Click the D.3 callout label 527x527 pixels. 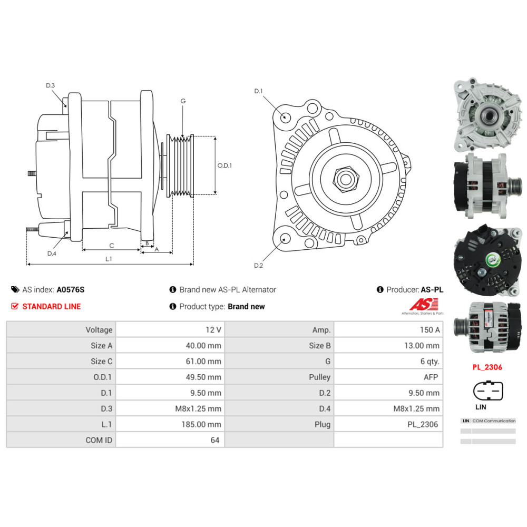(50, 85)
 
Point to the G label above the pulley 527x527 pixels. (183, 101)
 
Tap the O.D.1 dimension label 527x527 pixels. (225, 165)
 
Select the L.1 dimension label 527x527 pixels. (109, 259)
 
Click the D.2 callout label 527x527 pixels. (258, 265)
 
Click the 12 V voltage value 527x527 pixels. (213, 330)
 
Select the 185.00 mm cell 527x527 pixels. (207, 424)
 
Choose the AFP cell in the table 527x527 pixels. (431, 377)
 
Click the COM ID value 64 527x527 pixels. (214, 440)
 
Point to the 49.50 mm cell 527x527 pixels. (207, 377)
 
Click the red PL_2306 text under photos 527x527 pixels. (487, 367)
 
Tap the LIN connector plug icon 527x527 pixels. (485, 391)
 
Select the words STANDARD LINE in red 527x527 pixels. (52, 306)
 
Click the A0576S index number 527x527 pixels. (71, 289)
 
